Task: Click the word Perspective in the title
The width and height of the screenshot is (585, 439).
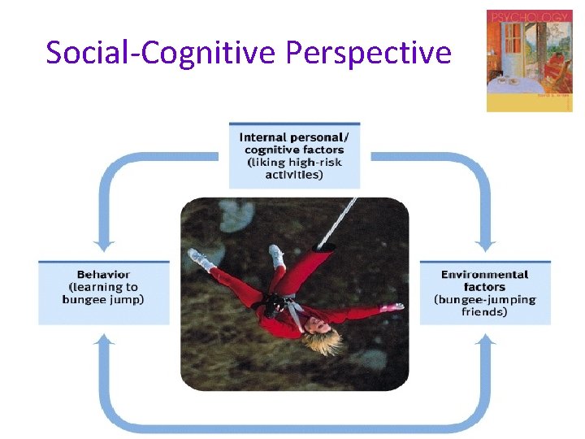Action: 368,54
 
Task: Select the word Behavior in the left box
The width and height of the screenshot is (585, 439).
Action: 103,275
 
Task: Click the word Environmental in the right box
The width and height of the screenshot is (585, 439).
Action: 484,275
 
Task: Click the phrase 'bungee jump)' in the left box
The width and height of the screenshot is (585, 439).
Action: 103,299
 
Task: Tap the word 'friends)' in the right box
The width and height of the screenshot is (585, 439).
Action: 484,311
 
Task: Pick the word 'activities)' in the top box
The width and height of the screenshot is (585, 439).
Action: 294,175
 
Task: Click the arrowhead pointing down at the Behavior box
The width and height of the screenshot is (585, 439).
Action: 103,245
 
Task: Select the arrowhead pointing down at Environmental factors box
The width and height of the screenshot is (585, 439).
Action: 485,245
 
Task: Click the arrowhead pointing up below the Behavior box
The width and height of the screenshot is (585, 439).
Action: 103,340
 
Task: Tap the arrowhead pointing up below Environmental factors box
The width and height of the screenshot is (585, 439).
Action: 485,340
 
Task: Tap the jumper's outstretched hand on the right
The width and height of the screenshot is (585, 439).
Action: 396,307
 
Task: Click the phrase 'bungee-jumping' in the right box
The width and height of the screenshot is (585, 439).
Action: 484,299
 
